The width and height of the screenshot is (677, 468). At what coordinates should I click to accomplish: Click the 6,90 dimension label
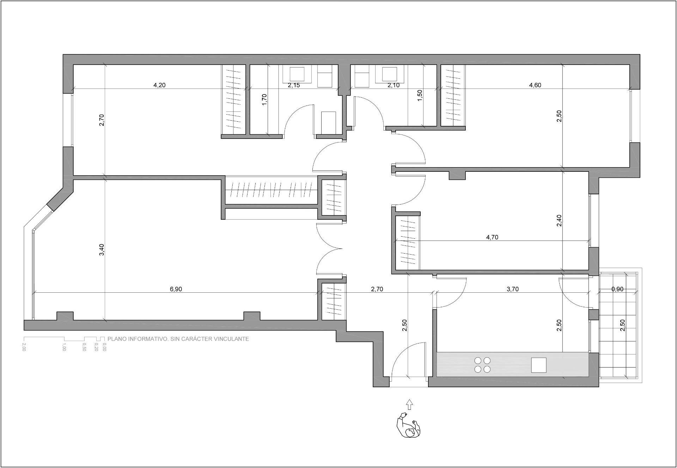point(176,289)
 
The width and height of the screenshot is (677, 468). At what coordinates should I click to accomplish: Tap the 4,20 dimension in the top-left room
point(159,85)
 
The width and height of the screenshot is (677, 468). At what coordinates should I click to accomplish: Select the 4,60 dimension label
point(535,85)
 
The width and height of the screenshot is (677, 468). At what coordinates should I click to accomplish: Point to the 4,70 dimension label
point(492,237)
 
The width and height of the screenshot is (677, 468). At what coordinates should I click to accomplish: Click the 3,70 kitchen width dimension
point(513,289)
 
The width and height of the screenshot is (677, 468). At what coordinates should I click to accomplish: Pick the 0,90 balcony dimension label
point(617,289)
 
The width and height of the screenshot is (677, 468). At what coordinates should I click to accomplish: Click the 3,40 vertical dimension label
point(102,250)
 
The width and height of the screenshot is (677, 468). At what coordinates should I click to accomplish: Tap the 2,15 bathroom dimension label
point(294,85)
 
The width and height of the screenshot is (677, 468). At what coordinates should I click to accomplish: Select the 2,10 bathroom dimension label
point(394,85)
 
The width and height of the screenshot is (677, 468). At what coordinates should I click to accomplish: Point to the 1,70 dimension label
point(265,99)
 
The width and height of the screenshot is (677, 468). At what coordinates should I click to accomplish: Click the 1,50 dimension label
point(420,96)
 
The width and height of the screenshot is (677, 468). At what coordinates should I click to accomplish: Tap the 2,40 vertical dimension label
point(559,220)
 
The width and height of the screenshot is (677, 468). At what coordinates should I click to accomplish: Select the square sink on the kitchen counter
point(539,365)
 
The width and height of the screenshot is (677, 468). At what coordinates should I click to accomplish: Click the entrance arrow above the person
point(409,405)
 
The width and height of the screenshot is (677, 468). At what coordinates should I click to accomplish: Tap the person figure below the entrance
point(409,425)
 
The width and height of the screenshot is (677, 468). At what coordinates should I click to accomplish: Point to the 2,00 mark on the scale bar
point(24,347)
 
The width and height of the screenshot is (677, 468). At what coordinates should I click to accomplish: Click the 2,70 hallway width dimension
point(377,289)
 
